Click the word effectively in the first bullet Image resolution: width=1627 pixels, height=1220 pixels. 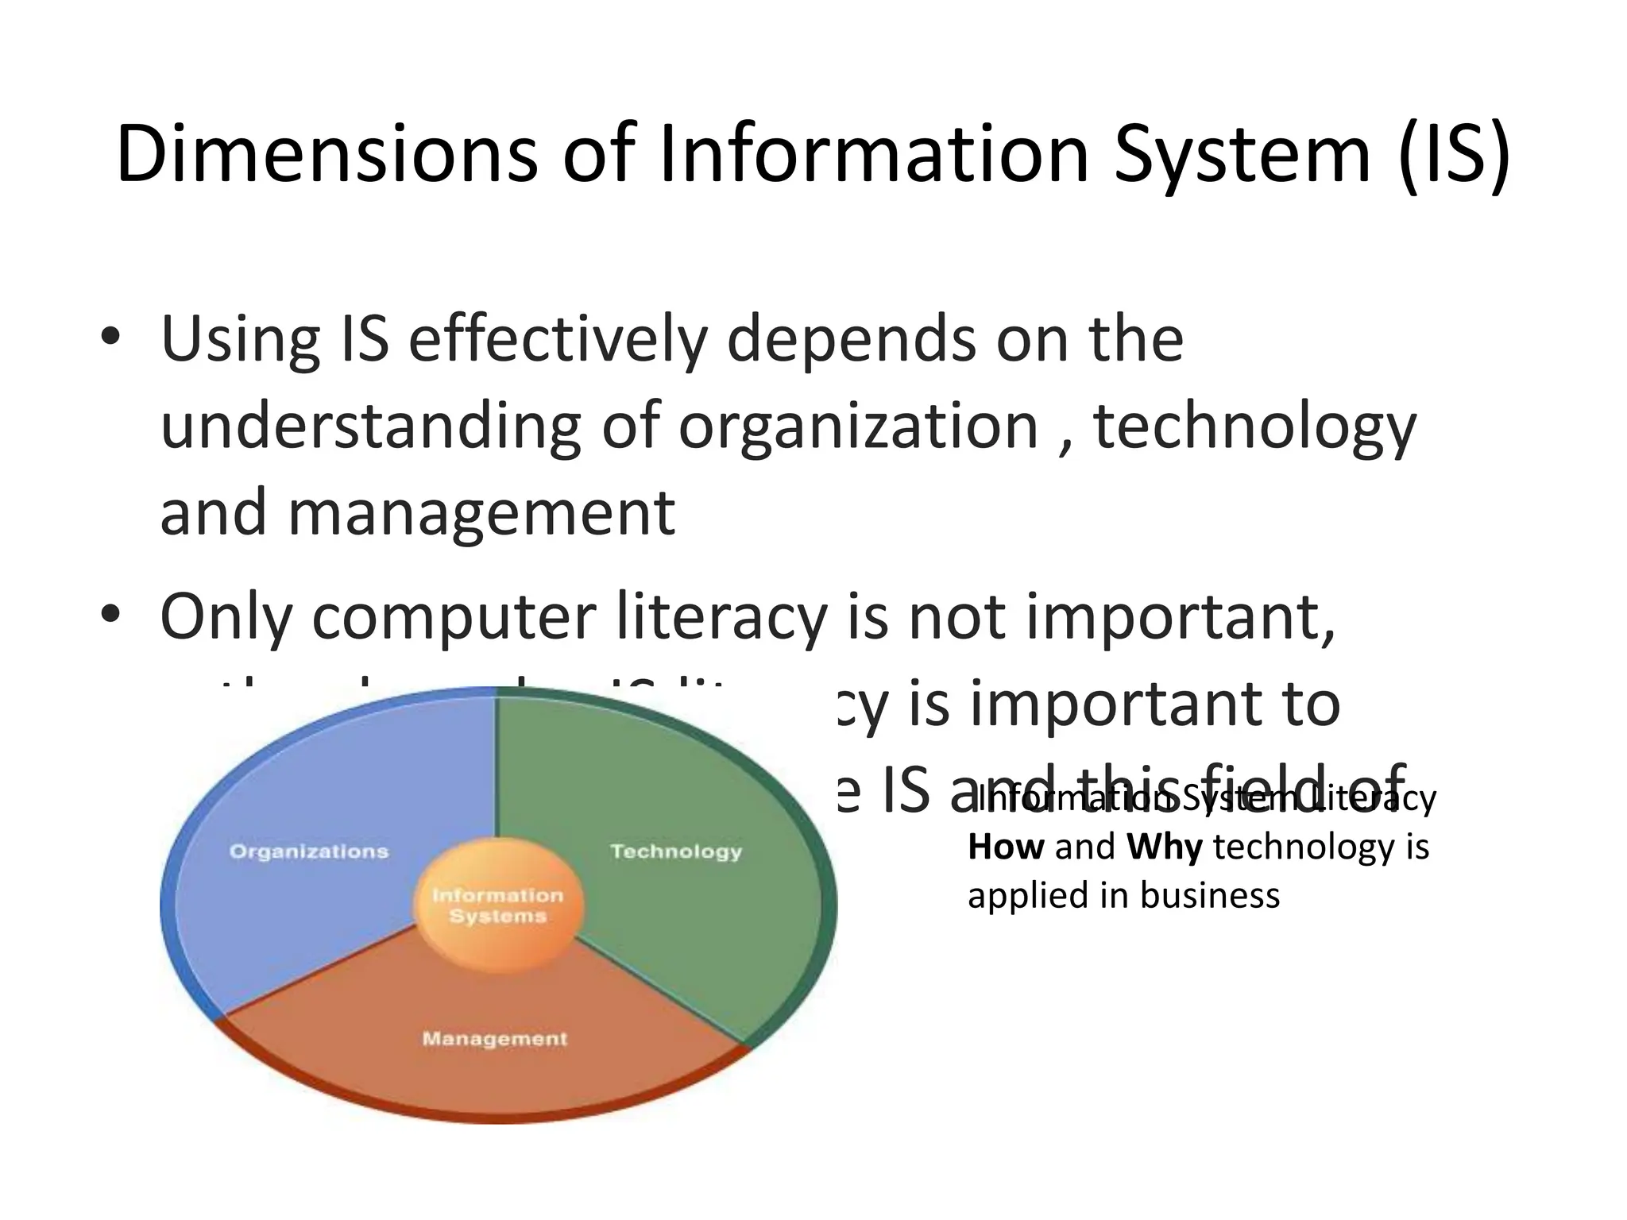click(557, 339)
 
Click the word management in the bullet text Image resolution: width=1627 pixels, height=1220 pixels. click(481, 512)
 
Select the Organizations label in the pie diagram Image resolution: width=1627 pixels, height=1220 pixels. click(309, 851)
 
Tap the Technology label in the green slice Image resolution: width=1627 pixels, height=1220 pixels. click(676, 851)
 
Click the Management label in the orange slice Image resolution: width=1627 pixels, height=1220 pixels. click(495, 1039)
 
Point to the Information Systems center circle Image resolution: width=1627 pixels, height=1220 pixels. click(498, 905)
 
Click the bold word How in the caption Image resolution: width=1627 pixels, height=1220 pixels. click(1006, 847)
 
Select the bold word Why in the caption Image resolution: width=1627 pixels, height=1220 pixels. click(1164, 847)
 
